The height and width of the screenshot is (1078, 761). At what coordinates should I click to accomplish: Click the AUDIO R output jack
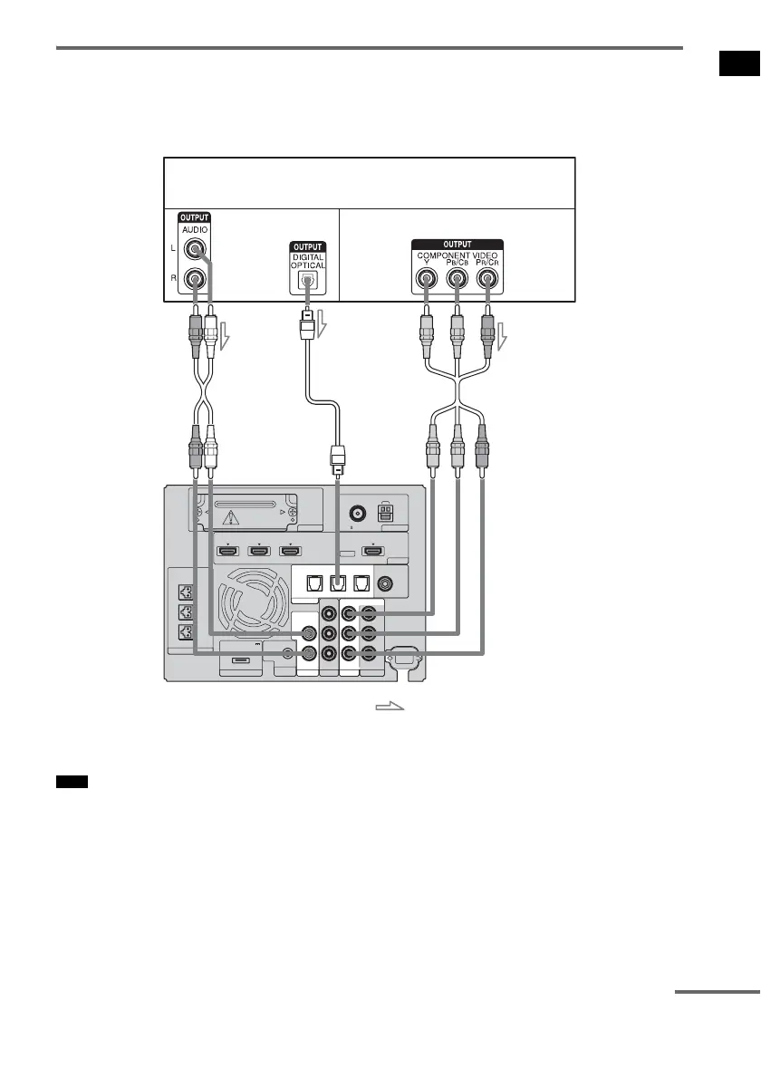click(194, 281)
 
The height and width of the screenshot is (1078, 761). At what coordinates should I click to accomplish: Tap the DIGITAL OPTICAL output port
click(308, 282)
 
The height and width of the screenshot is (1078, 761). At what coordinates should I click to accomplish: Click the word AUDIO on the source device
click(194, 231)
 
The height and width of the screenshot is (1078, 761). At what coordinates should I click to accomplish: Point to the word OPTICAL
click(308, 265)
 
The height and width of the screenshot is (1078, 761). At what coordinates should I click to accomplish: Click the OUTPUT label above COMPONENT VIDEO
click(458, 243)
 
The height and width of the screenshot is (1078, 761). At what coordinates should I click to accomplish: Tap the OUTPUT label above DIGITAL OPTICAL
click(307, 245)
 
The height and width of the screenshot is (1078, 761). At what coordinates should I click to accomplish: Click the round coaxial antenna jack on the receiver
click(358, 513)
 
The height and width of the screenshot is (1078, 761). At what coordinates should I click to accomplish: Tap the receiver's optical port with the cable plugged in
click(337, 585)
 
